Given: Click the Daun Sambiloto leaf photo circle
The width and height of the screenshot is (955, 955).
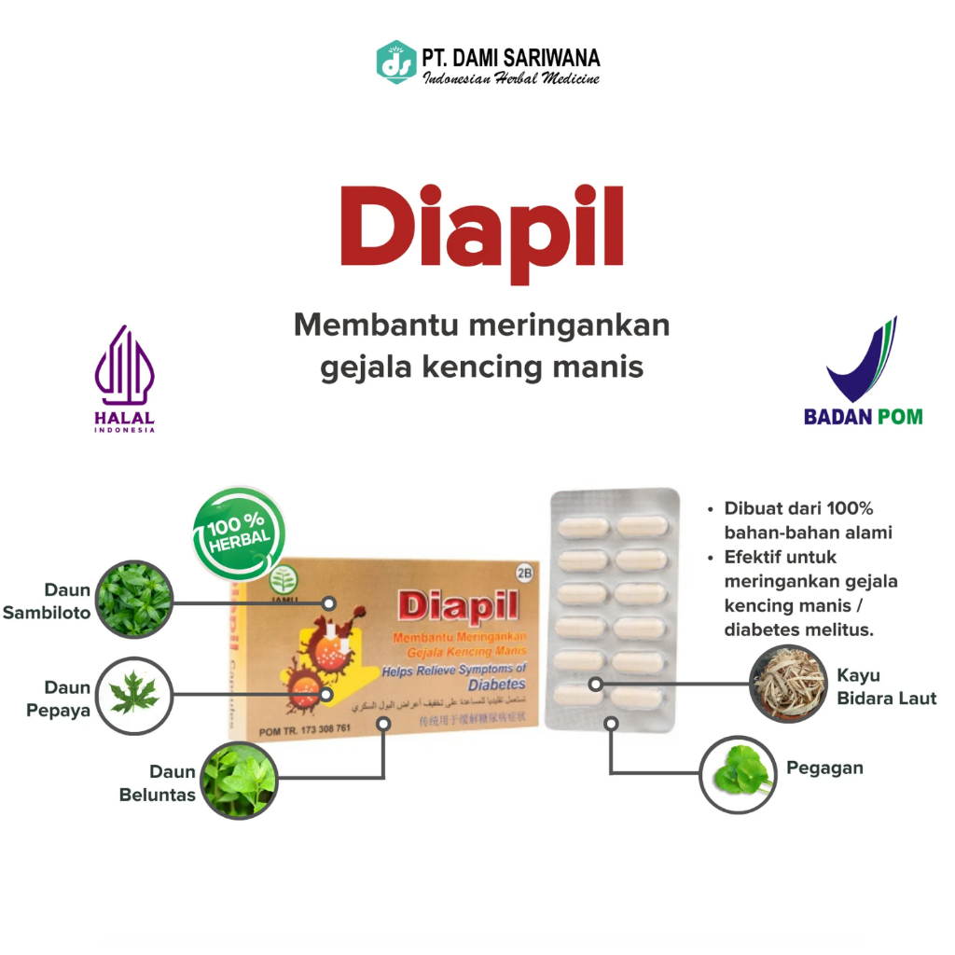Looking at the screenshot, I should click(134, 599).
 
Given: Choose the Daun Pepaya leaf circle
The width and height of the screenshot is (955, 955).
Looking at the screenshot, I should click(134, 695).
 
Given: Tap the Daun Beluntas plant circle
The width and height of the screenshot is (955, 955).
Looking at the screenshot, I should click(239, 781).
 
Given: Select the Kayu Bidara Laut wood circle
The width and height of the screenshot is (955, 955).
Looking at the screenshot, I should click(788, 685).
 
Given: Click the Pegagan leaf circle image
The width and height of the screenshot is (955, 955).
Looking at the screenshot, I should click(738, 773).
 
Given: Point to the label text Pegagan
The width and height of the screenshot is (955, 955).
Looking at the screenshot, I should click(824, 768).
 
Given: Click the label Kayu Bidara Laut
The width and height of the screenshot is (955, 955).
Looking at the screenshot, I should click(886, 686).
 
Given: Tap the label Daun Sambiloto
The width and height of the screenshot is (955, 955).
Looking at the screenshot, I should click(48, 602).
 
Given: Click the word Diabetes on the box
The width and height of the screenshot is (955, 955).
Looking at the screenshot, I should click(497, 684).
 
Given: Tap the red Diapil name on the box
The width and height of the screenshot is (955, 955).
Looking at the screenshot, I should click(457, 606).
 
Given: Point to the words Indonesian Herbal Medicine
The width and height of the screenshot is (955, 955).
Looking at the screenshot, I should click(512, 78).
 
